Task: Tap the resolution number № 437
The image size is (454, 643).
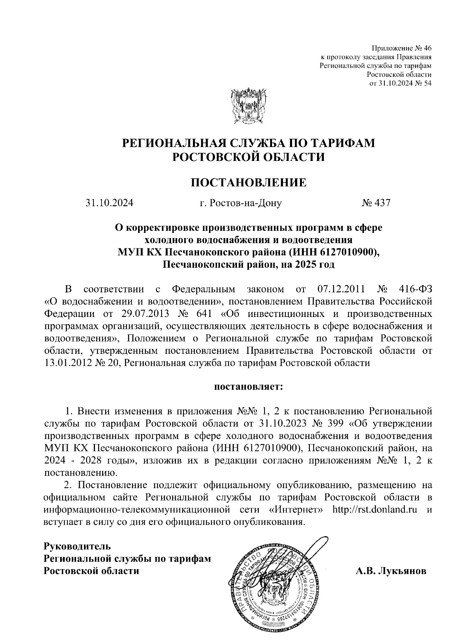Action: click(x=375, y=203)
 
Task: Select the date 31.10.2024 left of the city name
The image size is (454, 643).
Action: click(x=109, y=203)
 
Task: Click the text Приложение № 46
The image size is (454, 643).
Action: click(x=401, y=48)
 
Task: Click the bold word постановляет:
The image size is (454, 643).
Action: click(x=249, y=387)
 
